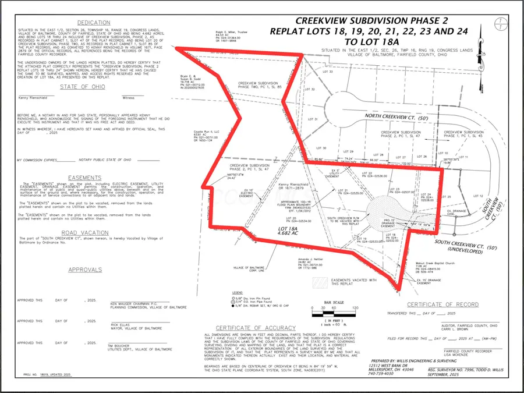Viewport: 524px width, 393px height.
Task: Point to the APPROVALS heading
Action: point(85,270)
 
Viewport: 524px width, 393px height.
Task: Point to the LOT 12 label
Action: point(479,196)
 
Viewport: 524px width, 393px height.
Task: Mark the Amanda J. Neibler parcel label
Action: point(310,260)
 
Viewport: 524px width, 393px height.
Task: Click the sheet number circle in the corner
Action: point(500,24)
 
